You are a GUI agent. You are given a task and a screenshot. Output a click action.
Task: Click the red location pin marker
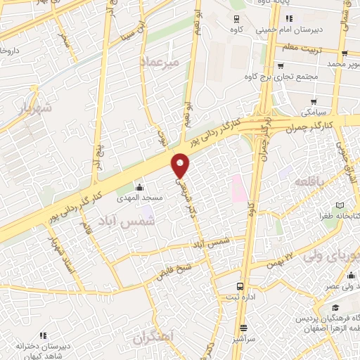point(181,165)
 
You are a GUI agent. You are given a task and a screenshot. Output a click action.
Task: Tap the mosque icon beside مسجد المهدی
point(139,187)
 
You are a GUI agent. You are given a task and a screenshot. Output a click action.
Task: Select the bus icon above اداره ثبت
point(240,286)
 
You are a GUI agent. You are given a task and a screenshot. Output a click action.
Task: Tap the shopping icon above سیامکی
point(313,102)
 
